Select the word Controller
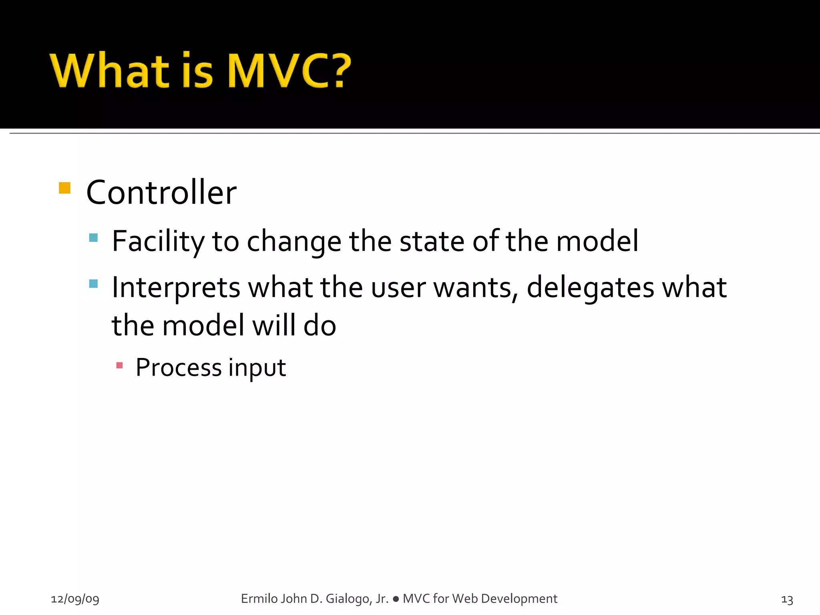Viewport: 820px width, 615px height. [161, 193]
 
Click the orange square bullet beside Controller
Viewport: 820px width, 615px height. [64, 188]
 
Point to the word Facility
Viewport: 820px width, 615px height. [158, 241]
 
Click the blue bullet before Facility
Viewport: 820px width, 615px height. [93, 238]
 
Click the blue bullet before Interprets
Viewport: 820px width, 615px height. [93, 284]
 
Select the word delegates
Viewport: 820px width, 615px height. [590, 287]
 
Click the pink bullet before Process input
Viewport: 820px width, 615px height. [119, 365]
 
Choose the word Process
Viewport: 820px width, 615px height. [179, 368]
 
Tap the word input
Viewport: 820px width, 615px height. [257, 368]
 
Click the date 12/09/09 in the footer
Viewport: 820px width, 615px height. [75, 599]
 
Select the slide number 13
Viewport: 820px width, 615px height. [787, 599]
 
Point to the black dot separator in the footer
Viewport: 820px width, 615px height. [396, 599]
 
